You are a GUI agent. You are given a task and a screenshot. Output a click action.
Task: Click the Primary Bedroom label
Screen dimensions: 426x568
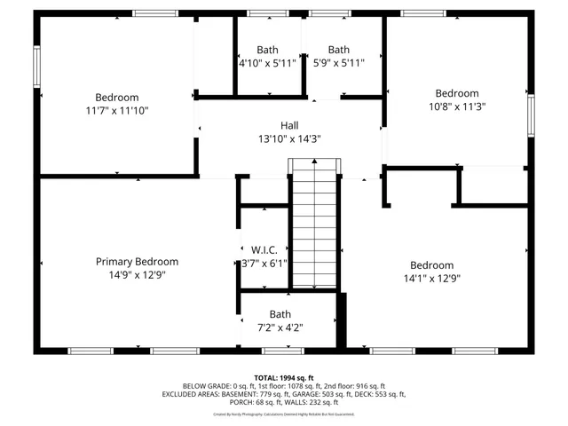coord(137,262)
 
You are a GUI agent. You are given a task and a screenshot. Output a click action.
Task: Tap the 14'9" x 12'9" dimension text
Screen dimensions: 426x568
coord(137,275)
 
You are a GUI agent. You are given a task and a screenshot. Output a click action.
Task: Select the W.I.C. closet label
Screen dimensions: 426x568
coord(264,249)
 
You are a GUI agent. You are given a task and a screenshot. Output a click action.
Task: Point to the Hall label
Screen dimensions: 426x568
coord(290,125)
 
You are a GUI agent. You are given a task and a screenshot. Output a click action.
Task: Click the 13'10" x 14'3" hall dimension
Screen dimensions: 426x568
coord(290,138)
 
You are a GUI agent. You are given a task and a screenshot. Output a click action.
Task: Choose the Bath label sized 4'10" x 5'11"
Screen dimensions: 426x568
coord(267,50)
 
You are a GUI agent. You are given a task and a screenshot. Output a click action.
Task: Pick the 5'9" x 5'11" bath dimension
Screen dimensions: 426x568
coord(339,63)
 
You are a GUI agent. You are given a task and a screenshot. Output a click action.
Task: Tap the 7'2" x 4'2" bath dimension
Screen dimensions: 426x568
coord(280,327)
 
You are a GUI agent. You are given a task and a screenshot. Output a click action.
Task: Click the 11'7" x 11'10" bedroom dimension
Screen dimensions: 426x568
coord(117,111)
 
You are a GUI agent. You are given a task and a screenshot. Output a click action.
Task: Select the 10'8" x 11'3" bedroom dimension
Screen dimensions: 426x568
coord(456,106)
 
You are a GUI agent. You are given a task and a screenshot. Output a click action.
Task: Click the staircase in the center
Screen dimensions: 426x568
coord(316,226)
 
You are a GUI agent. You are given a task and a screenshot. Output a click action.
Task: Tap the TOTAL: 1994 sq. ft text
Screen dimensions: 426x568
coord(284,377)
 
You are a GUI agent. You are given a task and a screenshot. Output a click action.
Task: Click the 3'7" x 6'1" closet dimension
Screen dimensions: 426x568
coord(264,264)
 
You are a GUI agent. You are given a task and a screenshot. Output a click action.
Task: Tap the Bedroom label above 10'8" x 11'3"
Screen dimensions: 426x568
coord(456,93)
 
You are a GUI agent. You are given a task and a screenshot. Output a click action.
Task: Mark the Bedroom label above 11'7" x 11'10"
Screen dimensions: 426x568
coord(117,98)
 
